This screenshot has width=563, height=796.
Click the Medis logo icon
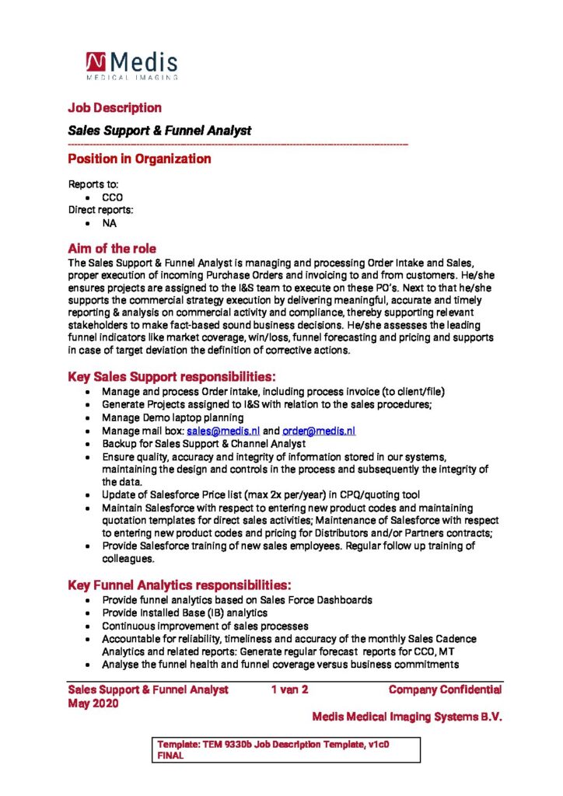click(96, 62)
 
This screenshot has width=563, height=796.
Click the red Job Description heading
click(114, 107)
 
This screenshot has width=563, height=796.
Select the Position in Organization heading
click(139, 159)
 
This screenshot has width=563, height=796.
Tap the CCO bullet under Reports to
click(112, 197)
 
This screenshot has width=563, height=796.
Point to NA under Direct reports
click(109, 222)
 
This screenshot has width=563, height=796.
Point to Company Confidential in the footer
click(445, 690)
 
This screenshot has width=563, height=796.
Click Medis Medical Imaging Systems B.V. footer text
click(407, 717)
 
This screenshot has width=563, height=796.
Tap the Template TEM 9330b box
click(288, 749)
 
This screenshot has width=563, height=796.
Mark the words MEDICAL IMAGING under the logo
click(131, 77)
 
